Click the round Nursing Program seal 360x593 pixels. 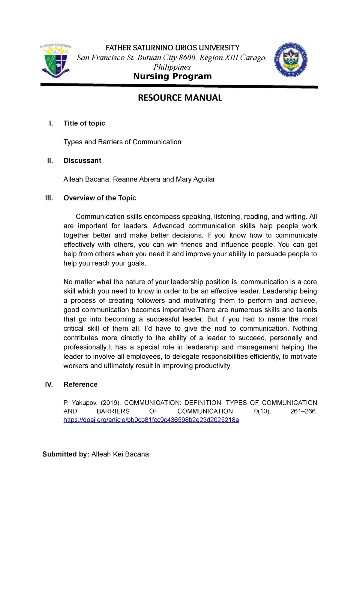[x=291, y=60]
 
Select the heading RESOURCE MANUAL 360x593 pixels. [x=180, y=98]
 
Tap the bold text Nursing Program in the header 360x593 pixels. [x=172, y=76]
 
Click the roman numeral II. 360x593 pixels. [x=50, y=161]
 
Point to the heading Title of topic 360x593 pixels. [x=84, y=123]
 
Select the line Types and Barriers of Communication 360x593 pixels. [x=122, y=142]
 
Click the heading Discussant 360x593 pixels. [x=82, y=161]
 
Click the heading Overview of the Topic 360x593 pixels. [x=100, y=198]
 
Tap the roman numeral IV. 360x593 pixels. [x=49, y=385]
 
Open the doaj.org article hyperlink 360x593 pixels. [x=151, y=420]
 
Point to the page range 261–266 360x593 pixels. [x=303, y=411]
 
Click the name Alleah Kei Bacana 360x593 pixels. [x=120, y=454]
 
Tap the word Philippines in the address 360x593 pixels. [x=172, y=67]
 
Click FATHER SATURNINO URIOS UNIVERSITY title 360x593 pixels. [x=172, y=48]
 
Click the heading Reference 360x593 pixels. [x=80, y=385]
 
